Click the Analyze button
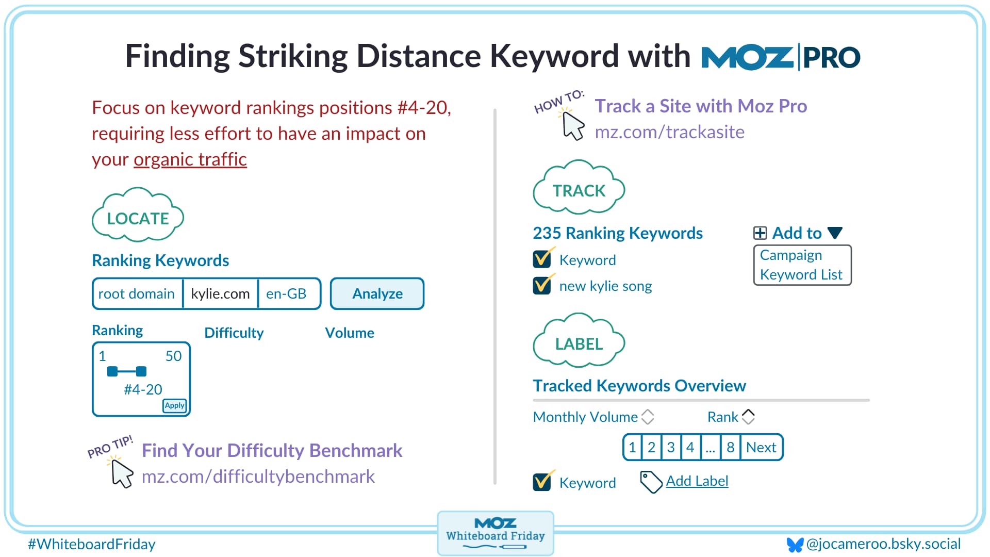tap(377, 294)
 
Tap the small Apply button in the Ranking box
tap(175, 406)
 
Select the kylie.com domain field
tap(220, 294)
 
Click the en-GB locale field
tap(287, 294)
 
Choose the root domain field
tap(137, 294)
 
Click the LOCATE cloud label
tap(138, 218)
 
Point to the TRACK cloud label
tap(579, 190)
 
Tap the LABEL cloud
tap(579, 343)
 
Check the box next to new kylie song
tap(542, 285)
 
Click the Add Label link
tap(697, 481)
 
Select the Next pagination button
tap(761, 447)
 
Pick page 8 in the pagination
tap(730, 447)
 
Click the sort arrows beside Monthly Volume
tap(648, 417)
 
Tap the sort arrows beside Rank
tap(748, 417)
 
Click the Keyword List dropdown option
tap(801, 275)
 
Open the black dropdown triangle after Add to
tap(835, 233)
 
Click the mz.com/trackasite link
tap(669, 133)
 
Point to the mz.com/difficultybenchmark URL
tap(258, 477)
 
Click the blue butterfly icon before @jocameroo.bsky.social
tap(795, 545)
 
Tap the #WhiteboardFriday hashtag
tap(92, 545)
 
